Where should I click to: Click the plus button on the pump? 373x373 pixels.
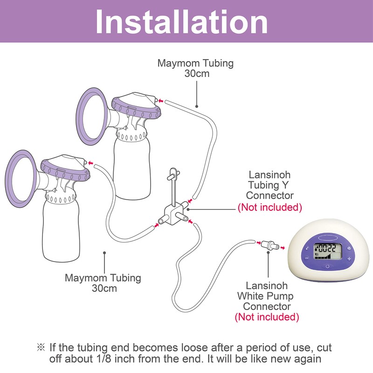(x=349, y=258)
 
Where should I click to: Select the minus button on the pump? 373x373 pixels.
(x=306, y=258)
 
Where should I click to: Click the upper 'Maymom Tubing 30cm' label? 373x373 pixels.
(x=195, y=68)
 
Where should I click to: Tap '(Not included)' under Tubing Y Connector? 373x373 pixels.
(x=270, y=207)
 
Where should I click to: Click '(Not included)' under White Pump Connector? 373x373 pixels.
(x=267, y=318)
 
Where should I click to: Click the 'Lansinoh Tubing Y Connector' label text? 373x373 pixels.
(x=270, y=186)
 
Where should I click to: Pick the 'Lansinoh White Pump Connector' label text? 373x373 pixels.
(x=267, y=296)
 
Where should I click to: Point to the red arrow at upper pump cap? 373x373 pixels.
(x=161, y=100)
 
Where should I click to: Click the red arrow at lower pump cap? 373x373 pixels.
(x=90, y=163)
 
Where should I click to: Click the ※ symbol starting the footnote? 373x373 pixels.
(x=41, y=348)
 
